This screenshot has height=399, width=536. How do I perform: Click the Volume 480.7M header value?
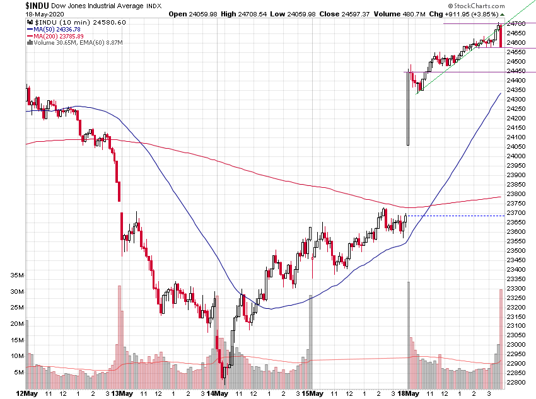[441, 13]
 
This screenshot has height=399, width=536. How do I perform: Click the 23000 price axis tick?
[518, 345]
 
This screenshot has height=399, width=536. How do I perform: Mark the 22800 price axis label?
[518, 383]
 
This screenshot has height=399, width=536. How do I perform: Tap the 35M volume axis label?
[17, 275]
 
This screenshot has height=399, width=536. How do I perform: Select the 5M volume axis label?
[19, 373]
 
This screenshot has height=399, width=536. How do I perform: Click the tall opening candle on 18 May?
[409, 107]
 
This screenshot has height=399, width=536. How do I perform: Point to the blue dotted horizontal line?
[455, 216]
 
